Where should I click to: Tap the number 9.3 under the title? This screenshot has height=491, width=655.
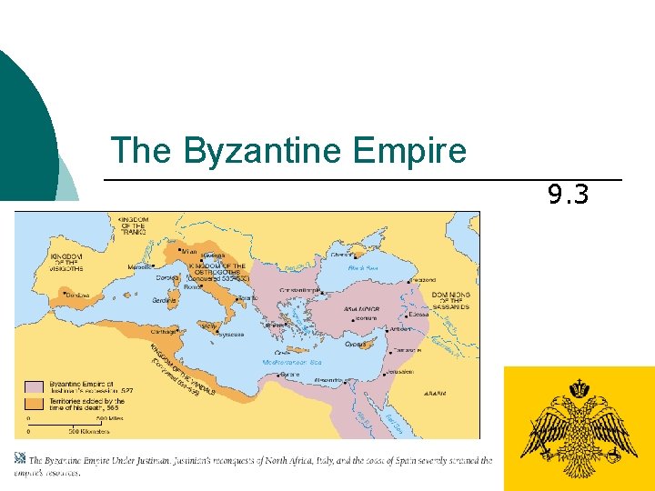click(568, 194)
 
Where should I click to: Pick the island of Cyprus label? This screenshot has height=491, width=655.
click(356, 344)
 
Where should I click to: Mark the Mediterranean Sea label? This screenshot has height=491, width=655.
click(291, 362)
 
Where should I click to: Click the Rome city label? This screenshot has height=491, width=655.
click(194, 287)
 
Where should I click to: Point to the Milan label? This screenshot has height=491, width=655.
click(189, 251)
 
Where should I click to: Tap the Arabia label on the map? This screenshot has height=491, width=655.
click(434, 394)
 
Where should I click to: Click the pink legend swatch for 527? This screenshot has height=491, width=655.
click(35, 386)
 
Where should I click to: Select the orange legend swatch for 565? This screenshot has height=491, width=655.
click(35, 401)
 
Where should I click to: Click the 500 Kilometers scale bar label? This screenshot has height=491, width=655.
click(69, 431)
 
